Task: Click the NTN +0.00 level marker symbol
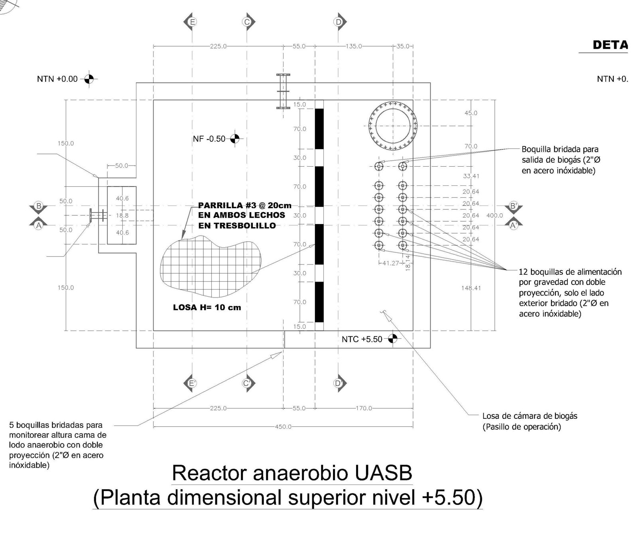[89, 79]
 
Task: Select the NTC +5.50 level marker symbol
[393, 339]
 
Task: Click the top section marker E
[192, 22]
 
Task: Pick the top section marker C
[247, 22]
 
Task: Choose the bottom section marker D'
[339, 383]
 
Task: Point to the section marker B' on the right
[514, 207]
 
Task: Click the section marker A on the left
[39, 225]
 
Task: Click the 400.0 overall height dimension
[494, 215]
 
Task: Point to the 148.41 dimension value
[471, 288]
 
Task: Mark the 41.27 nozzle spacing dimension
[390, 263]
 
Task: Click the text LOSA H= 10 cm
[207, 307]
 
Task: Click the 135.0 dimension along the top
[353, 46]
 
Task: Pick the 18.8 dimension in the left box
[122, 215]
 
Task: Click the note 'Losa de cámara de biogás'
[530, 416]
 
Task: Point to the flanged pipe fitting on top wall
[283, 91]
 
